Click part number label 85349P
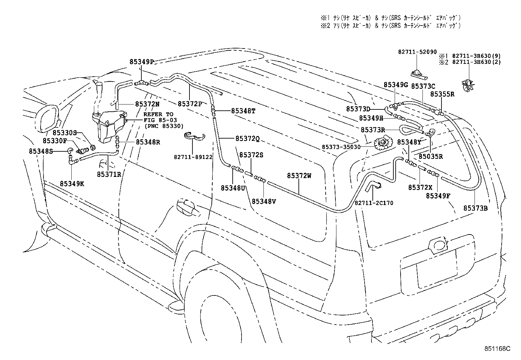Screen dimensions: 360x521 [x=141, y=62]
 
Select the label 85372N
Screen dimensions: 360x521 [x=147, y=104]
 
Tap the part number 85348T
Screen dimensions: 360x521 [x=243, y=111]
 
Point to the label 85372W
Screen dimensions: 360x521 [x=299, y=176]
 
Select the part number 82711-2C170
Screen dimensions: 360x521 [x=374, y=203]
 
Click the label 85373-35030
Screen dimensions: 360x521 [x=341, y=147]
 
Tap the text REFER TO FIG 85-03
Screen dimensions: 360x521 [x=158, y=117]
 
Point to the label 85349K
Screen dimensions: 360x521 [x=72, y=184]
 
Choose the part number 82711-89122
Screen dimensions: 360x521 [x=193, y=157]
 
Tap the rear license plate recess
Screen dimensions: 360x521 [x=437, y=265]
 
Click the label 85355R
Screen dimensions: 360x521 [x=442, y=94]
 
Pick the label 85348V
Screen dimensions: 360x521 [x=264, y=201]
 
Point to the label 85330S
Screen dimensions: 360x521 [x=64, y=133]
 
